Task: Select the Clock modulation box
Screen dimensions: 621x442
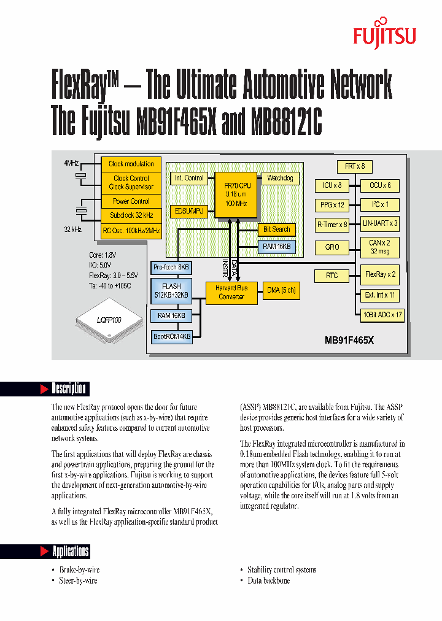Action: click(x=131, y=164)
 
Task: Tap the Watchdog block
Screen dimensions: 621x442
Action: click(x=280, y=178)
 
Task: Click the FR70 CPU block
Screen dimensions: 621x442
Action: click(x=235, y=194)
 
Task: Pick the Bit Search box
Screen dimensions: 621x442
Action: click(x=276, y=229)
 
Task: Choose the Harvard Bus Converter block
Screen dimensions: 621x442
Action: click(x=231, y=292)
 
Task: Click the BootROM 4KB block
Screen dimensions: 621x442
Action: click(x=172, y=336)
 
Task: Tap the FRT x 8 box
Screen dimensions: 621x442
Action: click(x=354, y=166)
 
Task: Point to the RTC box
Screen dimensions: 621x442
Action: click(x=332, y=276)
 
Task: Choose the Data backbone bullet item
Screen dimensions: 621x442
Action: click(x=268, y=580)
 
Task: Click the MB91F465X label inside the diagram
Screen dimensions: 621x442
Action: click(x=357, y=339)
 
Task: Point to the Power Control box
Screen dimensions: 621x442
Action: click(x=131, y=201)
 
